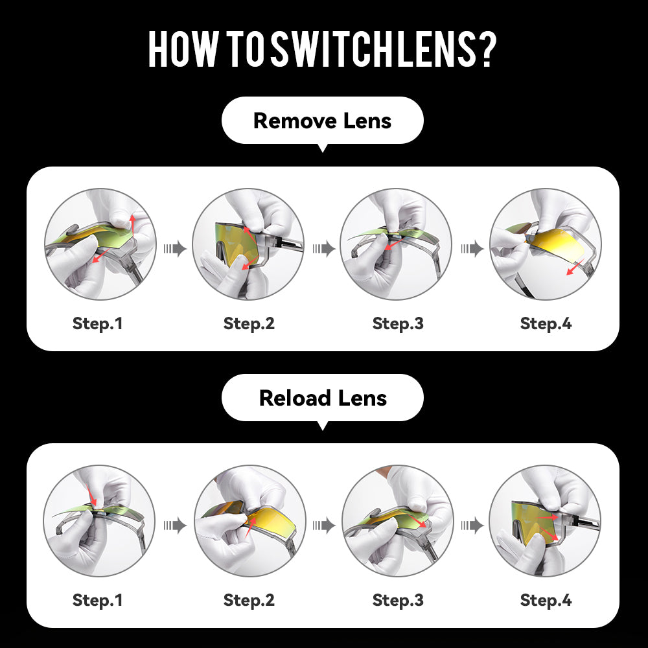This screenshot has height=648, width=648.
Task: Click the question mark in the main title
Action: pyautogui.click(x=488, y=50)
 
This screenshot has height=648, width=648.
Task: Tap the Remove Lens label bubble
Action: pyautogui.click(x=322, y=121)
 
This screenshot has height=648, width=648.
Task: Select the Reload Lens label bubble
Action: pyautogui.click(x=322, y=398)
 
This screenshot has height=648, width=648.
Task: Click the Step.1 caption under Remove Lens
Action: pyautogui.click(x=98, y=323)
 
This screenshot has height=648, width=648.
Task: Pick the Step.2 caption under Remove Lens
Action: pyautogui.click(x=249, y=323)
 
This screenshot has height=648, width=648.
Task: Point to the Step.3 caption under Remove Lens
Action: pyautogui.click(x=398, y=323)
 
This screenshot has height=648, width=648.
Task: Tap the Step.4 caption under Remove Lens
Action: pyautogui.click(x=546, y=323)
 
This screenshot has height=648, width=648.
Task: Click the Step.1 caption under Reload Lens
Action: pyautogui.click(x=98, y=600)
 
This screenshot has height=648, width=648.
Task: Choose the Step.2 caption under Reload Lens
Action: pyautogui.click(x=249, y=600)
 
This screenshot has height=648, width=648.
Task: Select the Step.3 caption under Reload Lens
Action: pyautogui.click(x=398, y=600)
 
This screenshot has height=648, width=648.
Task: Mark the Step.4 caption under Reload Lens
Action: pyautogui.click(x=546, y=600)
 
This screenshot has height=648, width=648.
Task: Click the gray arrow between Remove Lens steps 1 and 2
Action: pyautogui.click(x=175, y=249)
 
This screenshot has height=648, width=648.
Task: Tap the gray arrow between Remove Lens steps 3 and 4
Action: pyautogui.click(x=472, y=249)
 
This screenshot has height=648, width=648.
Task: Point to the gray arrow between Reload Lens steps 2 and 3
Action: pyautogui.click(x=323, y=526)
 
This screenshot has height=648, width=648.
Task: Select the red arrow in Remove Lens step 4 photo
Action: pyautogui.click(x=574, y=268)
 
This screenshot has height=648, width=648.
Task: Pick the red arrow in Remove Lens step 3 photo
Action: pyautogui.click(x=394, y=244)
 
